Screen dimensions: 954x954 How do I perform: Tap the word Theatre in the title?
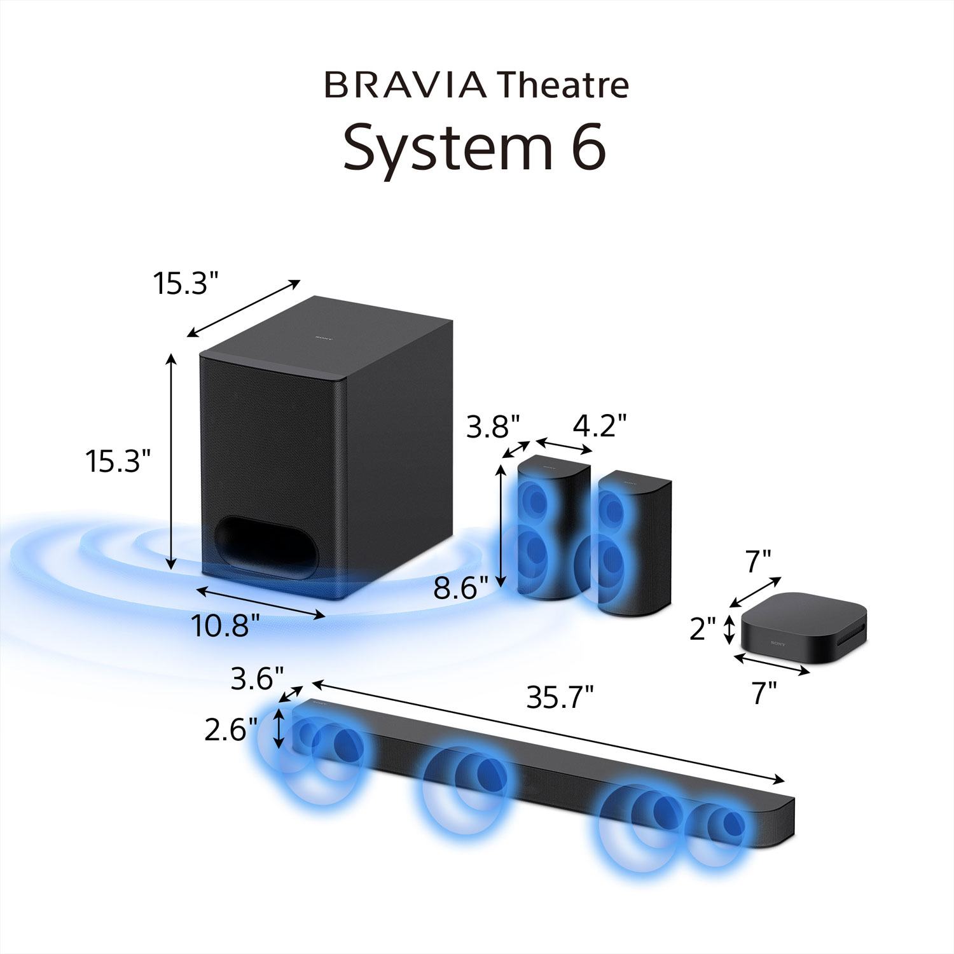point(563,85)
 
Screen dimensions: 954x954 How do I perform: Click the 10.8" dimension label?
point(225,626)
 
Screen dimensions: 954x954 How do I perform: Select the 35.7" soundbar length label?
point(560,698)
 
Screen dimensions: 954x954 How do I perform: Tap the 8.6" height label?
point(460,588)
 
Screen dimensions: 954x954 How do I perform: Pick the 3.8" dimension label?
point(493,427)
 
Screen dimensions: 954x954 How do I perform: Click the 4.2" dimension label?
point(600,425)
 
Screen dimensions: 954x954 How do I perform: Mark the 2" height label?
point(703,629)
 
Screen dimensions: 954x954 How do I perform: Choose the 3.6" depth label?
point(257,679)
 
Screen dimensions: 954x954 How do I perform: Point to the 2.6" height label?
point(231,729)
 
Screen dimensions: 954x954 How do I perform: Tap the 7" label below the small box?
point(764,693)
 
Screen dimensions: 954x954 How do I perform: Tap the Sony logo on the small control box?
point(777,644)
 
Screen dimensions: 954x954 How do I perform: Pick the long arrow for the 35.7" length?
point(548,731)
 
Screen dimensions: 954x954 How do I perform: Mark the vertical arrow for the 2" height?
point(729,629)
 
